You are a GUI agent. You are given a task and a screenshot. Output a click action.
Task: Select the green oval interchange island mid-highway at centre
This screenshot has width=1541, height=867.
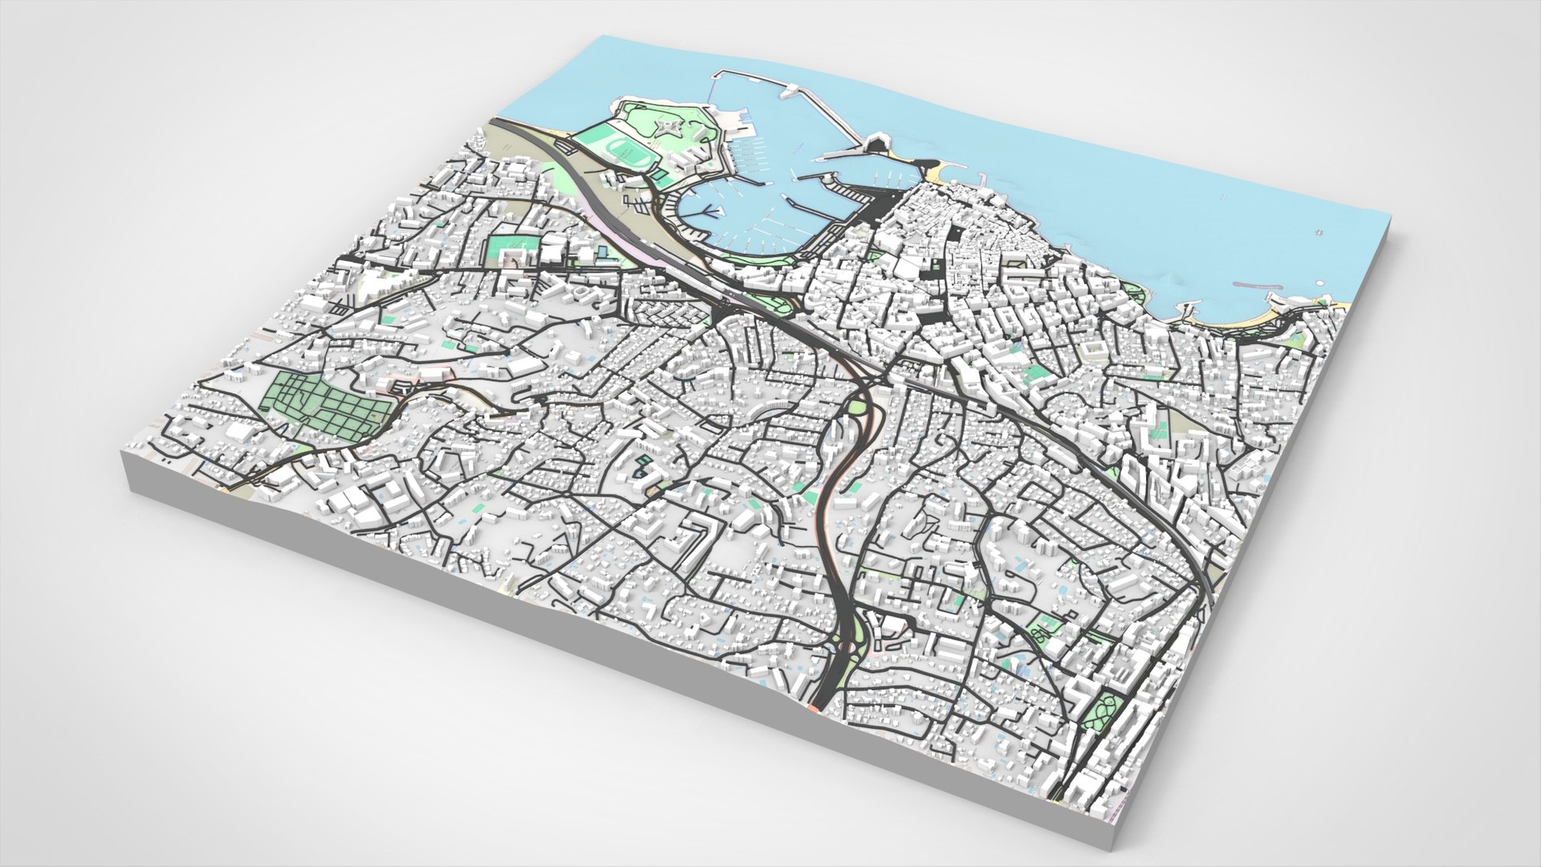(x=859, y=407)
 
